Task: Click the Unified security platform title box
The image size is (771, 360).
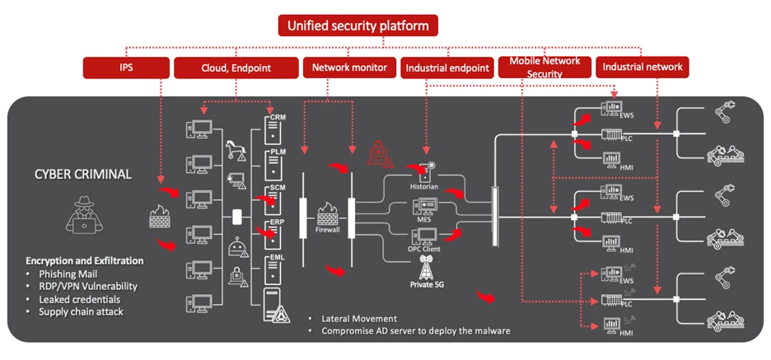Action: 357,26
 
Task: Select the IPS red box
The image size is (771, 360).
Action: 125,68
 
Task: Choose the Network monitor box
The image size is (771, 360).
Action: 348,68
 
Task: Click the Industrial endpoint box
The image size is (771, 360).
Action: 447,68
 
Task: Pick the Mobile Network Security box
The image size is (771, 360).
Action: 544,68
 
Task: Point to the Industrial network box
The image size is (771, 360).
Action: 643,68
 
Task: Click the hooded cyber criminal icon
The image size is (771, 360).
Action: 86,217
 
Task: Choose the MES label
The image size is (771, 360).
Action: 425,220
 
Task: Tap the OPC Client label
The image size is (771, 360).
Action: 425,250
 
